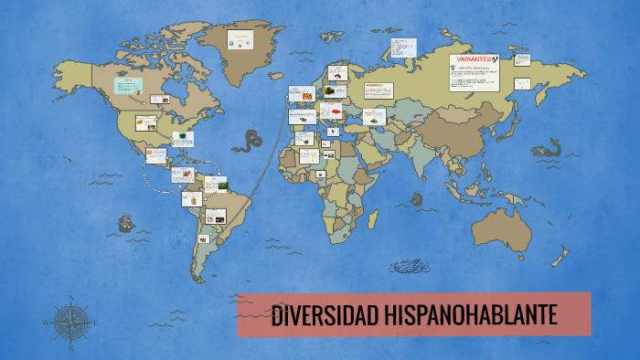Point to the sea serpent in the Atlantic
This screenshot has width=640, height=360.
click(x=247, y=140)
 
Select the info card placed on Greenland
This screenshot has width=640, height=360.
click(x=240, y=40)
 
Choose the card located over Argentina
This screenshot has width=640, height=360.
click(x=204, y=239)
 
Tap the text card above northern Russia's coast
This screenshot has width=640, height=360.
click(x=403, y=47)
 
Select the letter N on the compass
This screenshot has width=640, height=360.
click(x=70, y=299)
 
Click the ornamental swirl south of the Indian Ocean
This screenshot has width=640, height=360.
click(x=409, y=266)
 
